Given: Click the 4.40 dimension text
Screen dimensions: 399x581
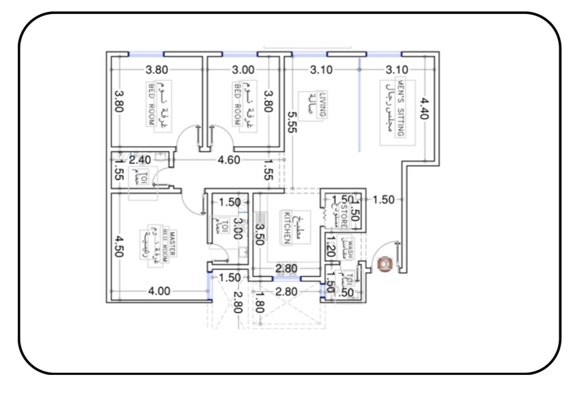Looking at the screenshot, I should click(424, 108).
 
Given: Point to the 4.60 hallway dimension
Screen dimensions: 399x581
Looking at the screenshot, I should click(228, 160).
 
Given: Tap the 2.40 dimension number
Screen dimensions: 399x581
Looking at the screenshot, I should click(139, 160).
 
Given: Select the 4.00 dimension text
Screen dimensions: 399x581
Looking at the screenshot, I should click(160, 291).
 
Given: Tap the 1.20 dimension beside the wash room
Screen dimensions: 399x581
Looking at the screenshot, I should click(330, 249).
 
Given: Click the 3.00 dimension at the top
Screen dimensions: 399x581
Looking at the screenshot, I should click(243, 70).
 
